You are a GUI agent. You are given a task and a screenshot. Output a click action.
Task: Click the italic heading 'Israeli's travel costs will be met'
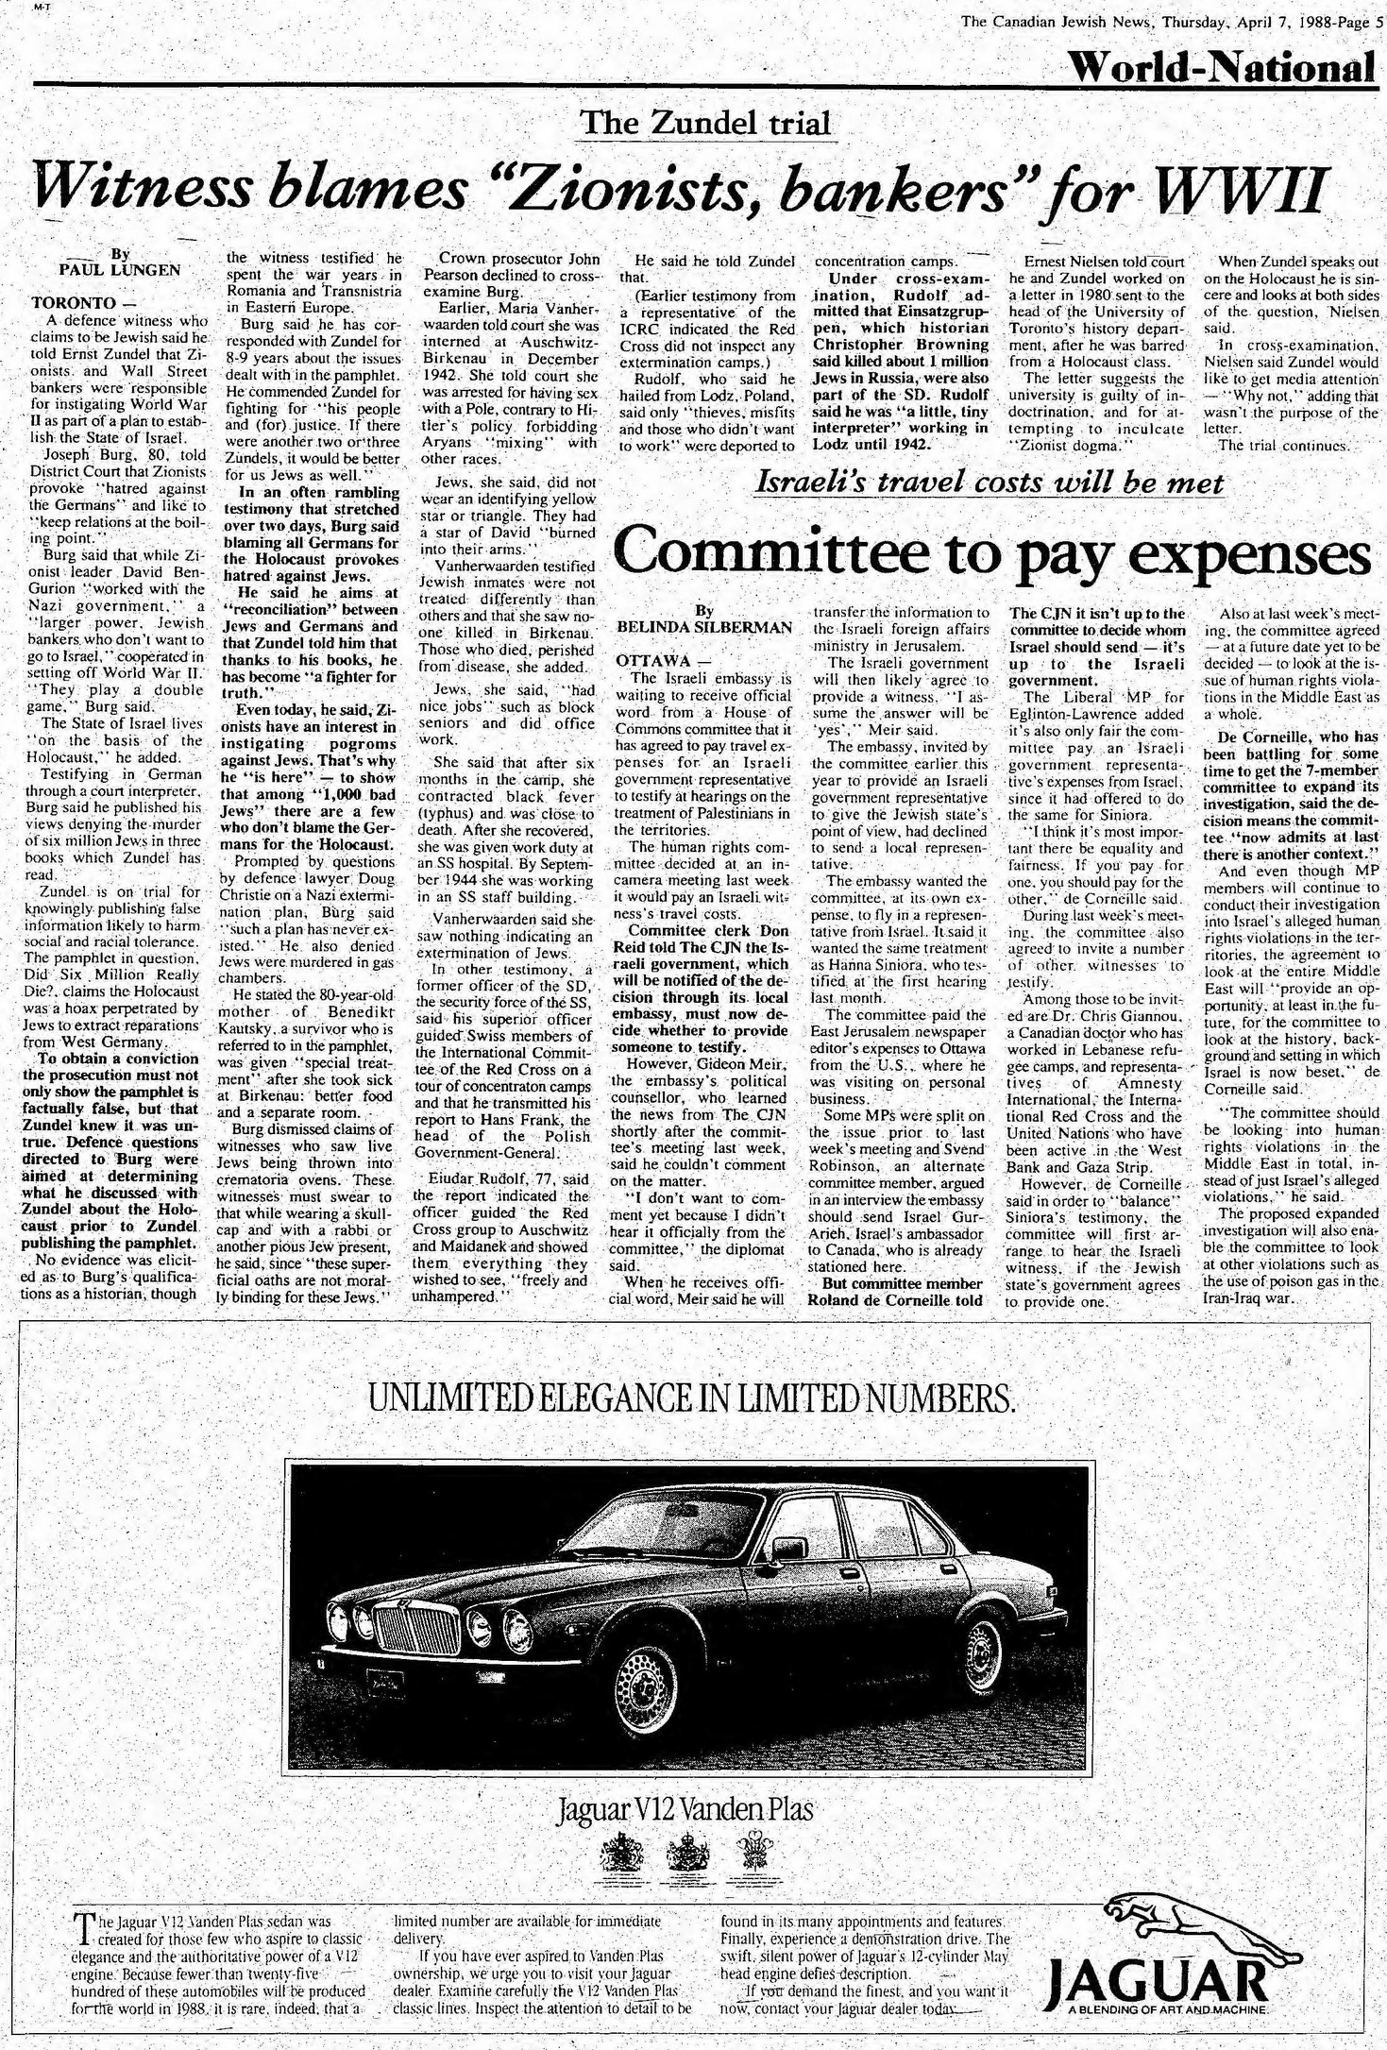pos(990,483)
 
